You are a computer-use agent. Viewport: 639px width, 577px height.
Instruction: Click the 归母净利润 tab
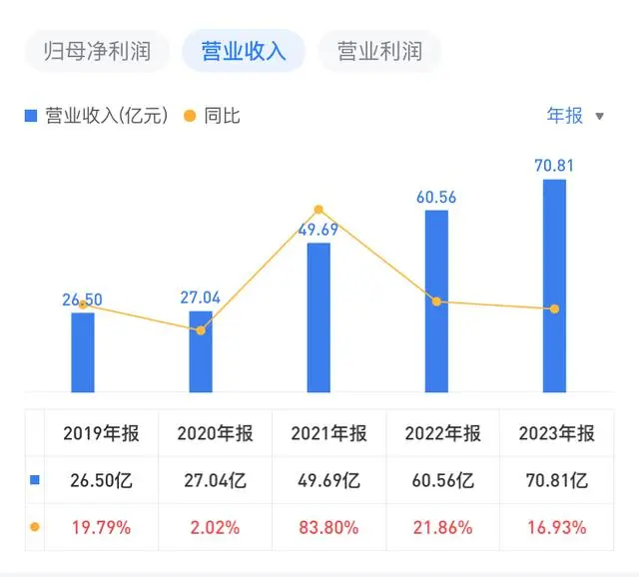pyautogui.click(x=97, y=51)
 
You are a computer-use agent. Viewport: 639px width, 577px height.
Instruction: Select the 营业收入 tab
pyautogui.click(x=244, y=51)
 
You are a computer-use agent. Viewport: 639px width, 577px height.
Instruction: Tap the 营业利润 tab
pyautogui.click(x=379, y=51)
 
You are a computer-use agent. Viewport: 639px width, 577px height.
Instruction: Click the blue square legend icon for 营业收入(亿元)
pyautogui.click(x=30, y=116)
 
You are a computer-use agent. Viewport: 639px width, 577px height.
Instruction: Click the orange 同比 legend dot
pyautogui.click(x=189, y=116)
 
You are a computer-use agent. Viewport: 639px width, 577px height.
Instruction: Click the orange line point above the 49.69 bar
pyautogui.click(x=319, y=210)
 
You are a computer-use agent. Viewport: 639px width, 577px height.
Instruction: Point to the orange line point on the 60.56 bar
pyautogui.click(x=436, y=301)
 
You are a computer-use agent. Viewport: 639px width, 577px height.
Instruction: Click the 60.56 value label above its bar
pyautogui.click(x=435, y=198)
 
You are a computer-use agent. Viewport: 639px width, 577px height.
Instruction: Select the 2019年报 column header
pyautogui.click(x=101, y=433)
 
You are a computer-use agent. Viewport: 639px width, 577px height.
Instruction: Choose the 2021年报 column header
pyautogui.click(x=328, y=433)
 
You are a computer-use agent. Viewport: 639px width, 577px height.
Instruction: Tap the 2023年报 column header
pyautogui.click(x=556, y=433)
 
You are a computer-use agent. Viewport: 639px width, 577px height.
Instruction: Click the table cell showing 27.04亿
pyautogui.click(x=215, y=480)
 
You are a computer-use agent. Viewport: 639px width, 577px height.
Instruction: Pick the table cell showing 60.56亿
pyautogui.click(x=442, y=480)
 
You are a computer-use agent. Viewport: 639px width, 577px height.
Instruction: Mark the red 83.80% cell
pyautogui.click(x=328, y=527)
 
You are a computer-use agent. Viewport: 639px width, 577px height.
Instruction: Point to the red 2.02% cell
pyautogui.click(x=215, y=527)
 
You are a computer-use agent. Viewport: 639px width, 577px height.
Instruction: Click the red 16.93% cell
pyautogui.click(x=556, y=527)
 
